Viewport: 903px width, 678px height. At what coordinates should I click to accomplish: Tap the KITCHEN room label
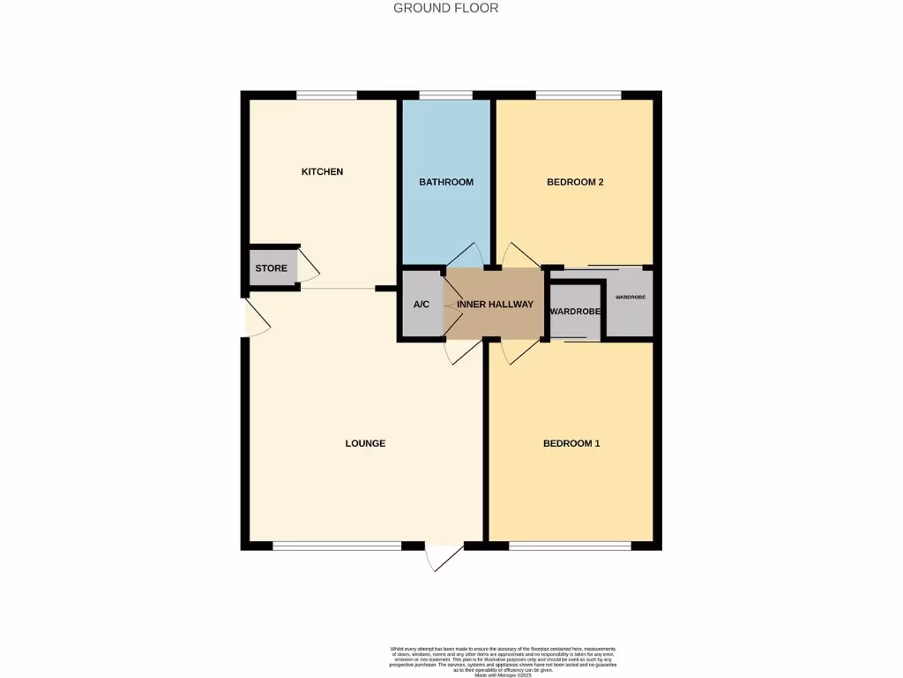click(x=322, y=171)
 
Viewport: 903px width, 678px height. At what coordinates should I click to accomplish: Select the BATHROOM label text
click(x=445, y=182)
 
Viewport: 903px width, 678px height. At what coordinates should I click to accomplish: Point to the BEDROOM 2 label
click(x=575, y=182)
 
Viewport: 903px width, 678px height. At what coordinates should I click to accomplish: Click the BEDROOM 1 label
click(x=571, y=443)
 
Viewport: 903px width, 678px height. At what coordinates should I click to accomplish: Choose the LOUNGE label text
click(x=365, y=443)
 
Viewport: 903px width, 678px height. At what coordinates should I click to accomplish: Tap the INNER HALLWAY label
click(x=495, y=305)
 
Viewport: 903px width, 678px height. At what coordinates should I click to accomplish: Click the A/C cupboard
click(x=422, y=305)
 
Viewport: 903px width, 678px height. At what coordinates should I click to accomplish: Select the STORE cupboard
click(x=272, y=267)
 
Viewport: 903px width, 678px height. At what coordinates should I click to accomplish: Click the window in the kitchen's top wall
click(x=326, y=94)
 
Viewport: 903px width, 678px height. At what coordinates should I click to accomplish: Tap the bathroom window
click(x=445, y=94)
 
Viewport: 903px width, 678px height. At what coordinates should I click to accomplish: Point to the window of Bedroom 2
click(x=578, y=94)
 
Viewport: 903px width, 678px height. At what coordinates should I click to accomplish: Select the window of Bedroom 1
click(x=570, y=546)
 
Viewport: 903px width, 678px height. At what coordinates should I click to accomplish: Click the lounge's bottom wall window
click(x=337, y=546)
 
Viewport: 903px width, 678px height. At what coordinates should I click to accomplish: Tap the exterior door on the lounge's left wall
click(x=254, y=318)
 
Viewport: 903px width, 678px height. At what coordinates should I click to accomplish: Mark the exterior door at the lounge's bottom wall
click(x=444, y=555)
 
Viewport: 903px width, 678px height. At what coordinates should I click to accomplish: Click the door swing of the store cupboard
click(x=309, y=265)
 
